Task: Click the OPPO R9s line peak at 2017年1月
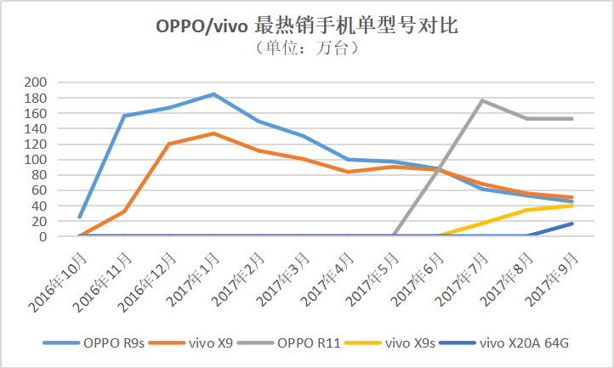213,94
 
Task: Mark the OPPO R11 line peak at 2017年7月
482,100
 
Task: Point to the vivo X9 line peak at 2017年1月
213,133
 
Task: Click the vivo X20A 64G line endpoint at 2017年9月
571,224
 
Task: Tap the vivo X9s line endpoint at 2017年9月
571,206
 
